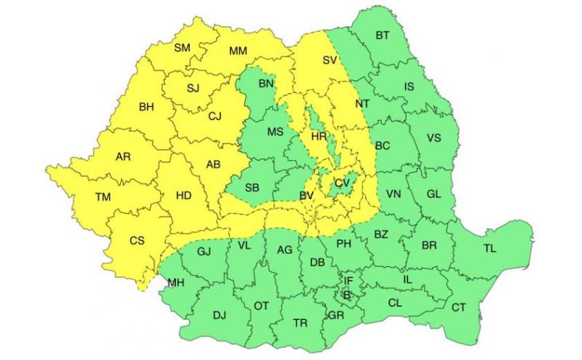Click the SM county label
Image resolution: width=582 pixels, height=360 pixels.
pyautogui.click(x=182, y=48)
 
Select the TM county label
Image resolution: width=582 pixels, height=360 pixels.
pyautogui.click(x=103, y=196)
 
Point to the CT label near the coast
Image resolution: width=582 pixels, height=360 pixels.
pyautogui.click(x=458, y=308)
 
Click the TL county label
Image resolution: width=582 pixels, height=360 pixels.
pyautogui.click(x=490, y=249)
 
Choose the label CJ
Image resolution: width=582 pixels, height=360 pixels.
pyautogui.click(x=215, y=116)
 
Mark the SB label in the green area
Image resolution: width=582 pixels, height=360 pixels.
pyautogui.click(x=252, y=188)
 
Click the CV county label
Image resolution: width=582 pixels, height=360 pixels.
pyautogui.click(x=342, y=183)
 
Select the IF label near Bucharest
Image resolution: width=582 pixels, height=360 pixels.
pyautogui.click(x=348, y=280)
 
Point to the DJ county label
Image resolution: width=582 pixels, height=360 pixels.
pyautogui.click(x=219, y=315)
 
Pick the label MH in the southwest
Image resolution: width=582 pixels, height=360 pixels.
pyautogui.click(x=175, y=282)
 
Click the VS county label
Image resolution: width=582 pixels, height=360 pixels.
pyautogui.click(x=434, y=138)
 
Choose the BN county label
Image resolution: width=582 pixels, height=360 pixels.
pyautogui.click(x=266, y=84)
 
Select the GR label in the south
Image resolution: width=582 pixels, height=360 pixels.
pyautogui.click(x=336, y=316)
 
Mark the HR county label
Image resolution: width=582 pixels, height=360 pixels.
pyautogui.click(x=319, y=137)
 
